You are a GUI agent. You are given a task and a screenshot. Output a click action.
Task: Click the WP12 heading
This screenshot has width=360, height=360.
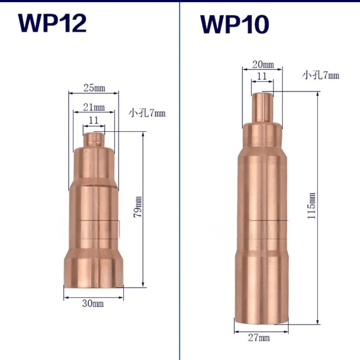(52, 23)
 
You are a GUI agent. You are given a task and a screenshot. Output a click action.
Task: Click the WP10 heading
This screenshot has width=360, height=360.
(235, 24)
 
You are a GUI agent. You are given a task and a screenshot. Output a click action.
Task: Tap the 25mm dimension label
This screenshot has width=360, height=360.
(94, 88)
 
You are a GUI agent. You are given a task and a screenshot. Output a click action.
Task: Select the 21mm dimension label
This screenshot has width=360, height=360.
(94, 107)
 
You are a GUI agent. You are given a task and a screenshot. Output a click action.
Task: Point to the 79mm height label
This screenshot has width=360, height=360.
(138, 207)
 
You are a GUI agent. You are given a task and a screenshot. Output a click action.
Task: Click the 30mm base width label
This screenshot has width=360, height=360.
(93, 303)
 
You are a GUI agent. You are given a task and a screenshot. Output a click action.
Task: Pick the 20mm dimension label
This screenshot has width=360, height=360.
(263, 64)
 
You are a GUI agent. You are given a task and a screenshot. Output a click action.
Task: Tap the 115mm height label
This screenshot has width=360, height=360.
(311, 206)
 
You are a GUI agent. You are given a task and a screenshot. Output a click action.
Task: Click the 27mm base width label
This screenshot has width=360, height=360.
(259, 338)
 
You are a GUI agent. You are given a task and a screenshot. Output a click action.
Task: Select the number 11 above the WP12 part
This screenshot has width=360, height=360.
(94, 120)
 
